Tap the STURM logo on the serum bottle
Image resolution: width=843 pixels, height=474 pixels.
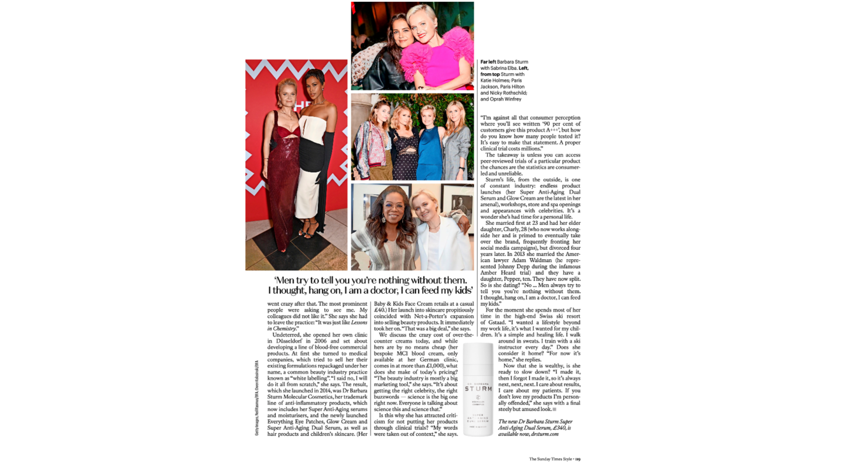[478, 389]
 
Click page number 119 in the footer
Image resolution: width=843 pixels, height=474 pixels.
[577, 459]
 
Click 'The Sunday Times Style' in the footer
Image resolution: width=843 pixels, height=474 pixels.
[550, 459]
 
